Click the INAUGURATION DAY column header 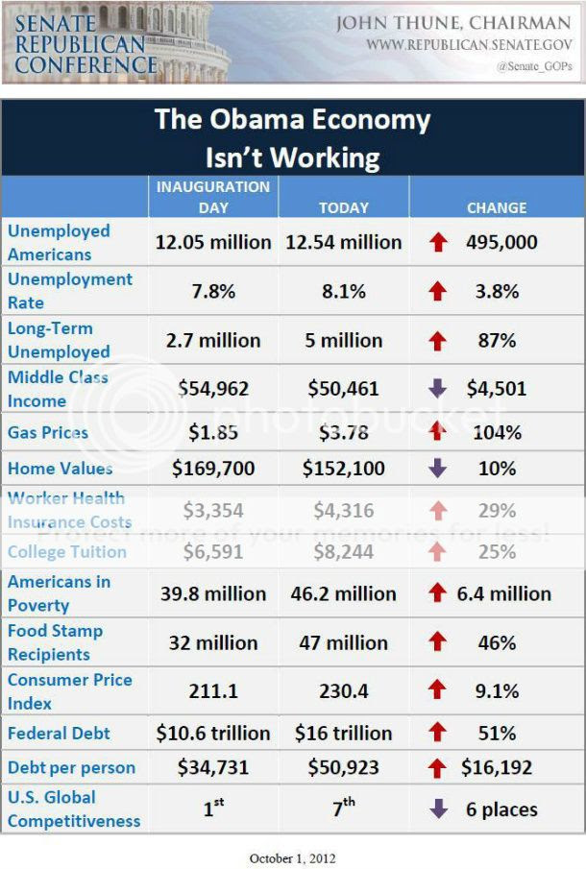click(x=213, y=195)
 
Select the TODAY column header click(x=343, y=207)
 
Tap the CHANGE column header click(x=497, y=207)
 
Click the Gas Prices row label click(x=48, y=433)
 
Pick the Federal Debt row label click(x=59, y=733)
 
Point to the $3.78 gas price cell click(x=343, y=433)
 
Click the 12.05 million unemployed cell click(x=213, y=242)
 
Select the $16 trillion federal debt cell click(x=343, y=733)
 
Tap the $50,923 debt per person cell click(x=343, y=768)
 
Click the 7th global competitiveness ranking click(x=343, y=808)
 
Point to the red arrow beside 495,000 click(x=438, y=243)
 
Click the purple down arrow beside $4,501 click(x=438, y=389)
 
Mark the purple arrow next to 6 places click(x=438, y=809)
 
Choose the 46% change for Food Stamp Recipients click(x=497, y=642)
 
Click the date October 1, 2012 click(x=292, y=857)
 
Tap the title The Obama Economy click(x=292, y=121)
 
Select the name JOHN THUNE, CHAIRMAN click(x=452, y=22)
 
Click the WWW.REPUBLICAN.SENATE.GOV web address click(x=468, y=44)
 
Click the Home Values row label click(x=60, y=469)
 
